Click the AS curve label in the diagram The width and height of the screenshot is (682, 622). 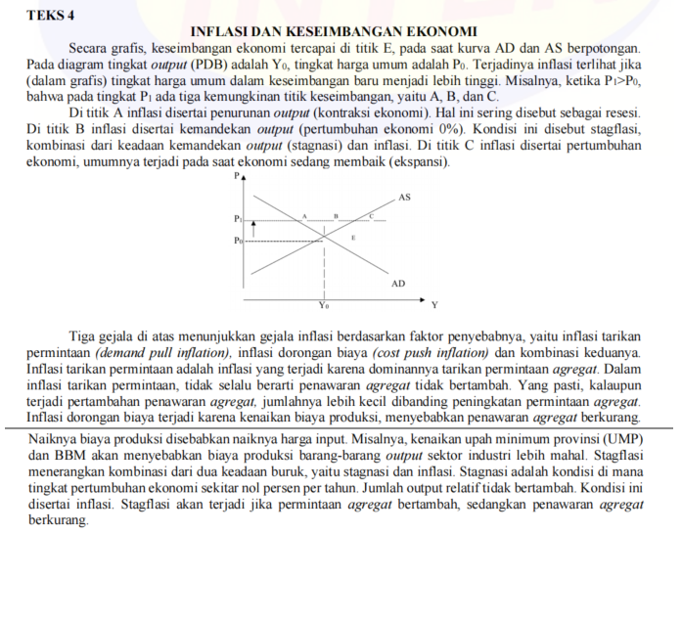coord(404,197)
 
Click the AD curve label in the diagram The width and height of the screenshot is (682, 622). coord(397,283)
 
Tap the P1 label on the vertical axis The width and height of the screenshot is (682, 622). coord(237,218)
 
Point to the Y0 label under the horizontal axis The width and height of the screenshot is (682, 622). coord(324,305)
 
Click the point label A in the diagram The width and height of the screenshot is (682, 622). coord(304,214)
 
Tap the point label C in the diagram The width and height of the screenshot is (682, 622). coord(371,213)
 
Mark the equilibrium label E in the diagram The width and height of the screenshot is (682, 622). coord(353,238)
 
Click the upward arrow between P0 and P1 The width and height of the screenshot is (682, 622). coord(254,228)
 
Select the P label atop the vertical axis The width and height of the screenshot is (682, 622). coord(235,176)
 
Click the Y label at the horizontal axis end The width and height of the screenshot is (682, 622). coord(434,304)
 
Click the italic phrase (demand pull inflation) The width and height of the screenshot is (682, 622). coord(163,351)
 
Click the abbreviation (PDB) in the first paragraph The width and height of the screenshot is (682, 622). coord(212,63)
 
